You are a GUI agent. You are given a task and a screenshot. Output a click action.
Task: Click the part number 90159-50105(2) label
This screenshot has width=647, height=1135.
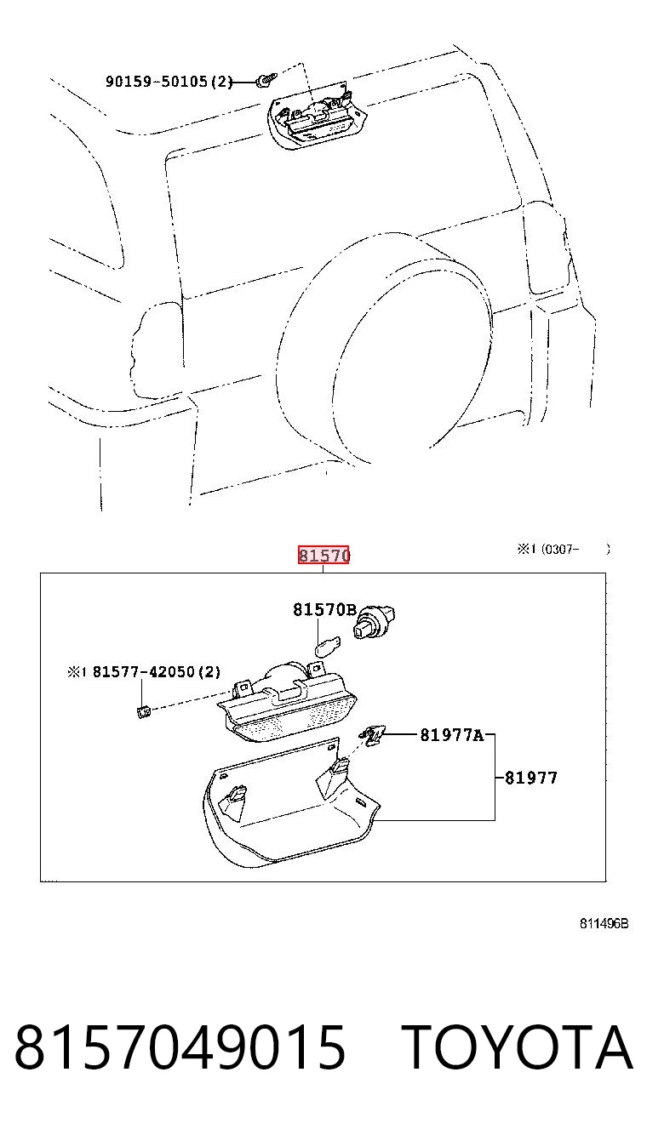coord(169,81)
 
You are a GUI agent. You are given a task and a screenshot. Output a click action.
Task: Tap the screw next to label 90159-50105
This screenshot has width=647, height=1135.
coord(266,80)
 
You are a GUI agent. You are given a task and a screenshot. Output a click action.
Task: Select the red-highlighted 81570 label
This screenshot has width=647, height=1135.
coord(323,556)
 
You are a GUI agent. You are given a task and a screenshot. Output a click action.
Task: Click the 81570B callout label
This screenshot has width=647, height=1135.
coord(324,609)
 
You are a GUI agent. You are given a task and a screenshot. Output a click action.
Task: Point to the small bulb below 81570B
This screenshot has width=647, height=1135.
coord(328,647)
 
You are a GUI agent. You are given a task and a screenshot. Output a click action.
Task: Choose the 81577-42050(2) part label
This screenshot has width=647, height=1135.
coord(157,672)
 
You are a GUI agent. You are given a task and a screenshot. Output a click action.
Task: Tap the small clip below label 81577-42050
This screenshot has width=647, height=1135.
coord(144,712)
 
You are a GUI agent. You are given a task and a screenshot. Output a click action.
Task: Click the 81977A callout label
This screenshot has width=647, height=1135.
coord(452,735)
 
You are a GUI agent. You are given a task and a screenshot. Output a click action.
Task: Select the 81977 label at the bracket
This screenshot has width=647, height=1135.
coord(531,778)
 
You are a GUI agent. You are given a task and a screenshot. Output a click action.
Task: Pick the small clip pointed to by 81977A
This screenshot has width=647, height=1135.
coord(373,735)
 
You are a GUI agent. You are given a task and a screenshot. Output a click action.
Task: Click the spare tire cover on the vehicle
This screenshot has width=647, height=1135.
coord(384,350)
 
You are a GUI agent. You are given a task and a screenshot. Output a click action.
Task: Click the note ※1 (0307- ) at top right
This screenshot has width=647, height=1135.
coord(564,549)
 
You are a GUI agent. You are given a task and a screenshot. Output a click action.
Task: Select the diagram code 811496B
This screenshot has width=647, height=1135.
coord(604,923)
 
